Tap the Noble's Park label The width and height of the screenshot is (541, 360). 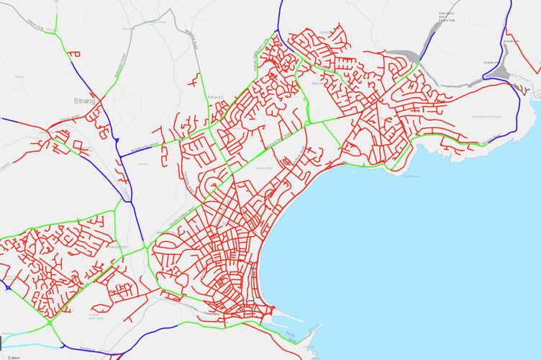(265, 168)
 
